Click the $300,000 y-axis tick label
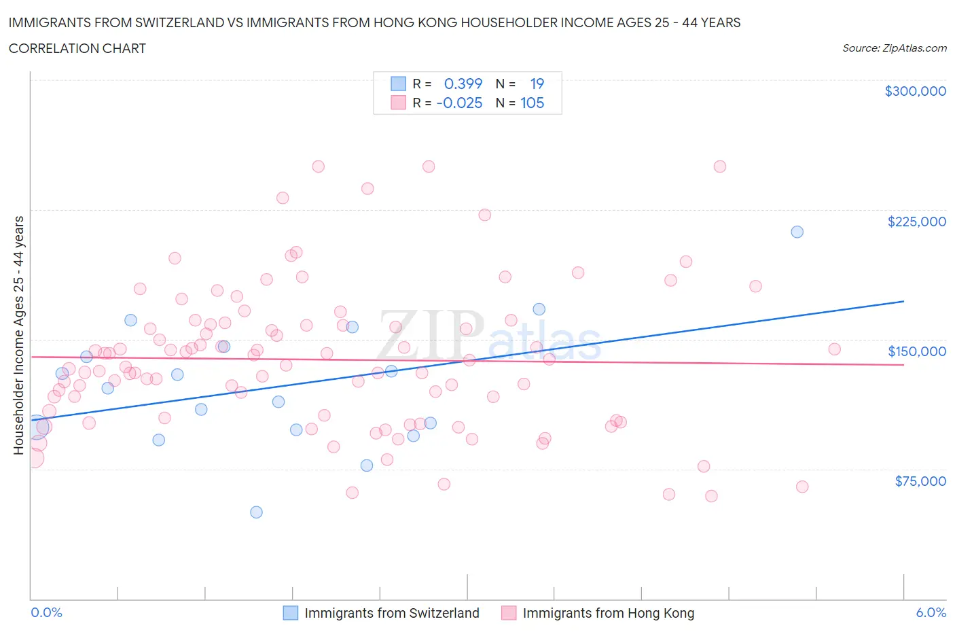pyautogui.click(x=915, y=91)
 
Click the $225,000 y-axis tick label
pyautogui.click(x=916, y=222)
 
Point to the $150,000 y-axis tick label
pyautogui.click(x=916, y=351)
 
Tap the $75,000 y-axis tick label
pyautogui.click(x=920, y=481)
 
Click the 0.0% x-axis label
pyautogui.click(x=46, y=612)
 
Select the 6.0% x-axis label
pyautogui.click(x=931, y=612)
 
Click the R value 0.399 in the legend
pyautogui.click(x=463, y=84)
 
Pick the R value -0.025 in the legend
pyautogui.click(x=459, y=103)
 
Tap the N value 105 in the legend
pyautogui.click(x=532, y=103)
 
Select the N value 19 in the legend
pyautogui.click(x=537, y=84)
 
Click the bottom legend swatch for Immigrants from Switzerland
pyautogui.click(x=290, y=613)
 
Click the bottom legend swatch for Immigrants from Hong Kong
pyautogui.click(x=508, y=613)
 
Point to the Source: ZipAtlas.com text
pyautogui.click(x=894, y=48)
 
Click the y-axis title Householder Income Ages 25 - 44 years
pyautogui.click(x=18, y=335)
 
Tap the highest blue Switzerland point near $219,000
pyautogui.click(x=797, y=232)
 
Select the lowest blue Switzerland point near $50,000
pyautogui.click(x=256, y=512)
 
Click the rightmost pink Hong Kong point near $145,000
pyautogui.click(x=834, y=349)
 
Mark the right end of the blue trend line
pyautogui.click(x=903, y=300)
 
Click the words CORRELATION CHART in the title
pyautogui.click(x=77, y=48)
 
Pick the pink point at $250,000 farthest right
pyautogui.click(x=720, y=166)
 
